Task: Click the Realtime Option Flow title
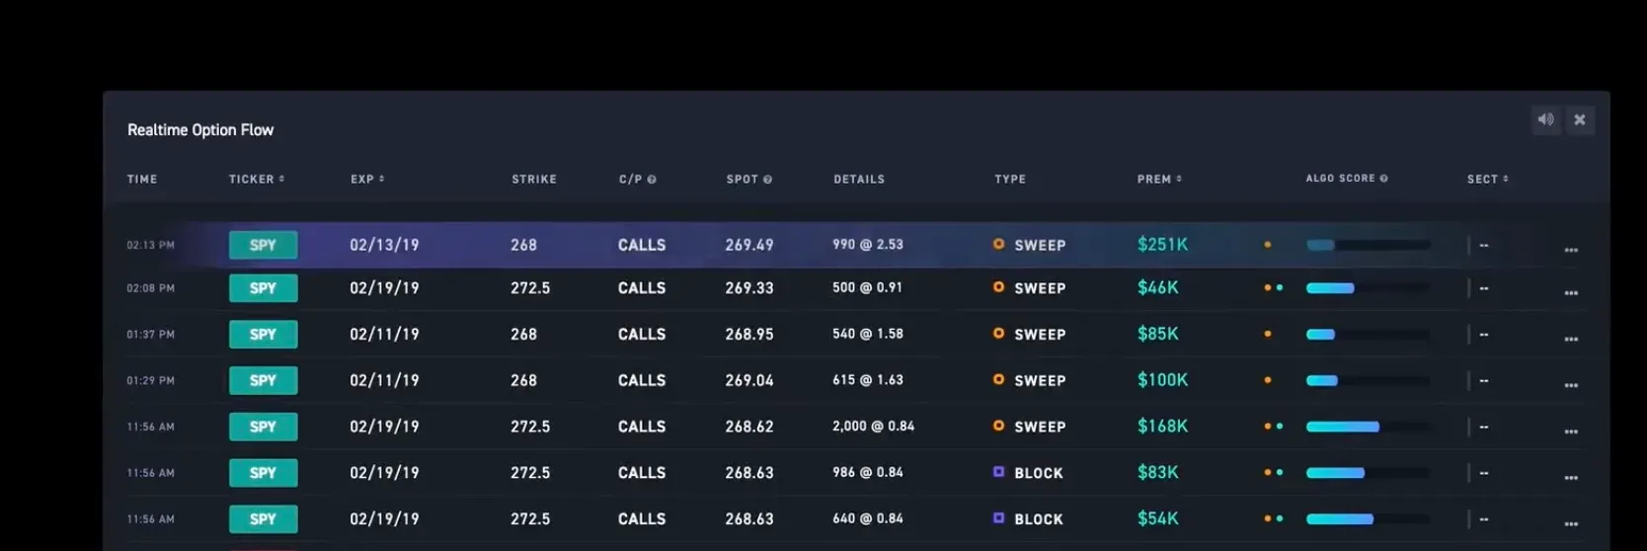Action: pyautogui.click(x=200, y=130)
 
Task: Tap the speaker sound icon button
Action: pyautogui.click(x=1545, y=119)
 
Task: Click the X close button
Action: pyautogui.click(x=1580, y=119)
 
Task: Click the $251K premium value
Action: pyautogui.click(x=1162, y=245)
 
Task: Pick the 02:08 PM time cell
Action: pyautogui.click(x=150, y=288)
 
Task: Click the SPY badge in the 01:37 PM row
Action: pyautogui.click(x=263, y=335)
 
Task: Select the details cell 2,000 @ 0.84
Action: pyautogui.click(x=873, y=427)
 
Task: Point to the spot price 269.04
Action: pyautogui.click(x=749, y=380)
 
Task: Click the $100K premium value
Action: pyautogui.click(x=1162, y=380)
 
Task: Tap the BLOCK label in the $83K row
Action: pyautogui.click(x=1039, y=473)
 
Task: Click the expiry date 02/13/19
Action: pyautogui.click(x=384, y=245)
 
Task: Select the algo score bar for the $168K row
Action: pyautogui.click(x=1368, y=427)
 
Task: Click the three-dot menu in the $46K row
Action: pyautogui.click(x=1571, y=292)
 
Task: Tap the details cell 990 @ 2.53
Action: pyautogui.click(x=867, y=245)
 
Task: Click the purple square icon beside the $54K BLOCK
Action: pyautogui.click(x=998, y=518)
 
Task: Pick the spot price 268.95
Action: pyautogui.click(x=749, y=335)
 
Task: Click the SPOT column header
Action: pyautogui.click(x=748, y=179)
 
